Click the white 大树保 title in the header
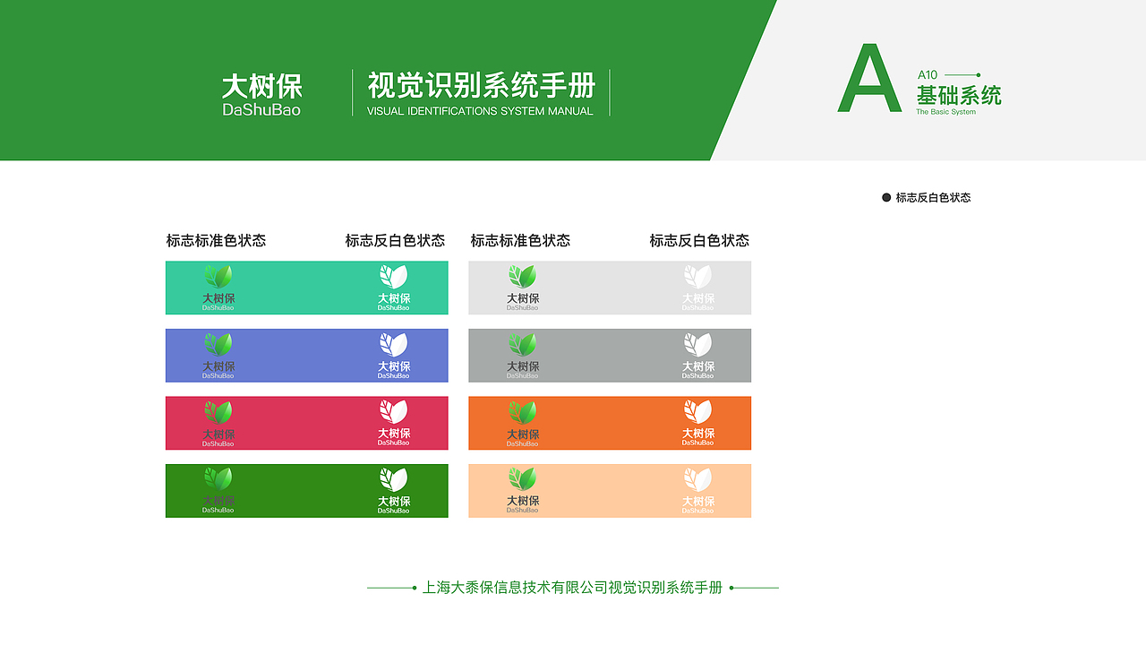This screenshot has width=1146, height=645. [261, 87]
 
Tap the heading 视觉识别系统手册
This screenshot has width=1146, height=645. [481, 86]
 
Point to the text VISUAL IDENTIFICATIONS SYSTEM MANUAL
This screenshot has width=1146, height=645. [480, 111]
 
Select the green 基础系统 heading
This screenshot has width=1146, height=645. [959, 95]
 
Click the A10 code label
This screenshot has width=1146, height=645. [928, 75]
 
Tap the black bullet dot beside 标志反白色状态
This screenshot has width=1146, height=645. [886, 197]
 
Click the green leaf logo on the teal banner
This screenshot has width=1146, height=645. [218, 276]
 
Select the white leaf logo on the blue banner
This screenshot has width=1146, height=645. [393, 344]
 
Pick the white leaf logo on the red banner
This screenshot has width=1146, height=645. [393, 412]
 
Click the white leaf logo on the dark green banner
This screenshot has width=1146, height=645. [393, 479]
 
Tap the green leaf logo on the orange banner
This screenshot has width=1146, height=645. [522, 412]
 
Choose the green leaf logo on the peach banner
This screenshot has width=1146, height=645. [522, 479]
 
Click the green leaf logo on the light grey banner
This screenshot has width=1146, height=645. [522, 276]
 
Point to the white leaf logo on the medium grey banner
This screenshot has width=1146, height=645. [697, 344]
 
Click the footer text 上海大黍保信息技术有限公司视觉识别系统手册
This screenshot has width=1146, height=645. [572, 588]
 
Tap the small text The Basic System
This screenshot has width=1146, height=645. [945, 112]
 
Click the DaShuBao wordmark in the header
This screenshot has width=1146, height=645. [261, 110]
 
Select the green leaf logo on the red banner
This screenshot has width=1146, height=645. [218, 412]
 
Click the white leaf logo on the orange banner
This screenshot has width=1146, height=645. [697, 412]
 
